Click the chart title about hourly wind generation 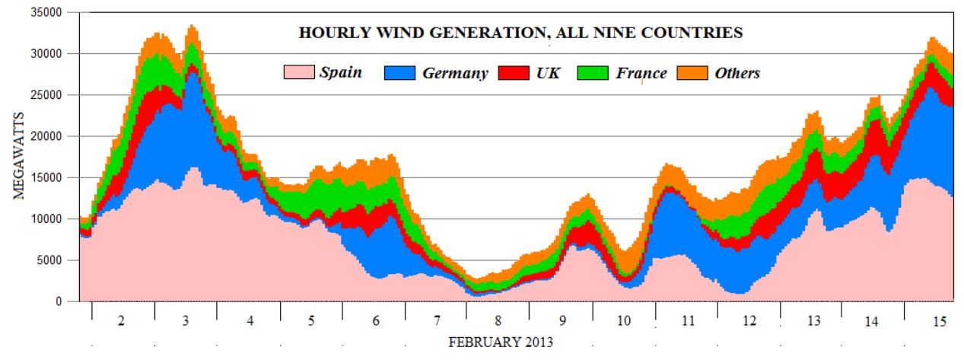520,33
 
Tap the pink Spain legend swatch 298,73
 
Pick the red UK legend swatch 513,73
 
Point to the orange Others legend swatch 691,73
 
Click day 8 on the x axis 498,322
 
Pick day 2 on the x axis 120,322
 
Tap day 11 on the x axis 688,322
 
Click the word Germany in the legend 454,73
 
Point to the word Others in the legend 737,73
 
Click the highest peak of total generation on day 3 191,26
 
